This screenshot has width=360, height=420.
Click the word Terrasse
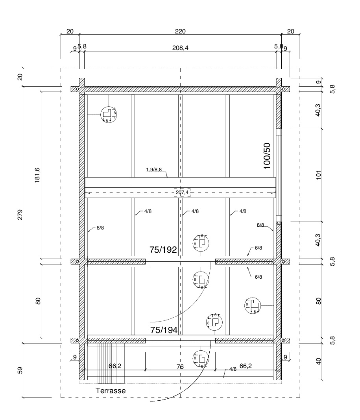111,390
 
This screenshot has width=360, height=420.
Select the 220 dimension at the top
180,31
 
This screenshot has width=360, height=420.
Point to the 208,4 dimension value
180,48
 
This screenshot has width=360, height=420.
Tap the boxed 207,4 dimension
182,192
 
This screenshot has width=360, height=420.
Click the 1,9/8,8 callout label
154,170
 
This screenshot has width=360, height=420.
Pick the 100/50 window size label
267,156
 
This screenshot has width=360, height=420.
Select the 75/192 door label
163,250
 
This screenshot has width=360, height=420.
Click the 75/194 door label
164,330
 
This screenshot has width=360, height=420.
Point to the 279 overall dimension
20,215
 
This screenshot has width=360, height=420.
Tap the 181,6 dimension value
37,176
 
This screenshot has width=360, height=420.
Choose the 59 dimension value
20,370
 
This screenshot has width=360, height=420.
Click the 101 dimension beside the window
319,175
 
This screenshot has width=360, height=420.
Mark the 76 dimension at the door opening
180,366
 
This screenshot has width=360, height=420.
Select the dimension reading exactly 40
319,361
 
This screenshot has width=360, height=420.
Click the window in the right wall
279,175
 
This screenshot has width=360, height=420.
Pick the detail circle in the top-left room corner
109,115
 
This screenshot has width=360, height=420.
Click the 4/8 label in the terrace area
233,369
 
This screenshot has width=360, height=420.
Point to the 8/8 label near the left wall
100,228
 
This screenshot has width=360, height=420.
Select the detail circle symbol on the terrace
201,358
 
